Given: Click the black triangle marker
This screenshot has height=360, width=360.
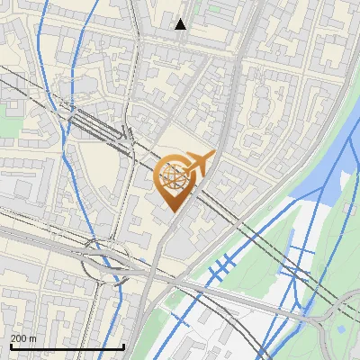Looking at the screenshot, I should [181, 24].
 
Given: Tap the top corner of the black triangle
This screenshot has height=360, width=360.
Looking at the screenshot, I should [181, 19].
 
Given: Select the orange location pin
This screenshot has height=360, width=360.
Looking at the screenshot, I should [176, 183].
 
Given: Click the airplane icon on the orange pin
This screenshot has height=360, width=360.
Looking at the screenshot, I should [202, 163].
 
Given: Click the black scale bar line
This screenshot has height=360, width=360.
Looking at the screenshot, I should [67, 346].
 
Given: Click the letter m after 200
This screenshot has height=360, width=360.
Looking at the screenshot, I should [33, 338].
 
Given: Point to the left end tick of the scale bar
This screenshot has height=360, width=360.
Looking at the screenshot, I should [11, 345].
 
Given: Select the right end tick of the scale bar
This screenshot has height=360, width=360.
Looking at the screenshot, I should [123, 345].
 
